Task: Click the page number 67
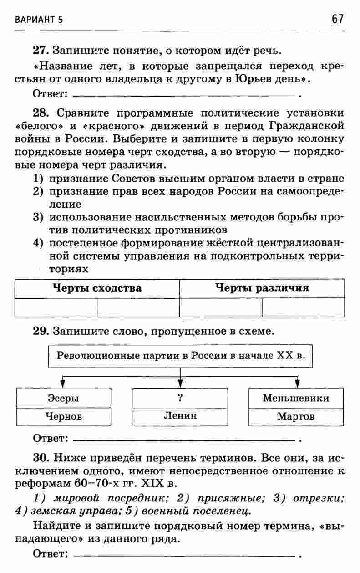click(337, 19)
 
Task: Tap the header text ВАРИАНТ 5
click(38, 20)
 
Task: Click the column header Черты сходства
click(97, 288)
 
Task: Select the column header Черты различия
click(262, 288)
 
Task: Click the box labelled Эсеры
click(63, 398)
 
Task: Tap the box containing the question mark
click(180, 398)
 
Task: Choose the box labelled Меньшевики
click(296, 398)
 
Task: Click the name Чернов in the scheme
click(63, 416)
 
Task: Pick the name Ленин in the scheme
click(180, 415)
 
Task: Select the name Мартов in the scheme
click(296, 416)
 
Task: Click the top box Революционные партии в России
click(180, 355)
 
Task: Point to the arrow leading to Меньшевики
click(297, 381)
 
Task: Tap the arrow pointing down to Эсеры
click(63, 381)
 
